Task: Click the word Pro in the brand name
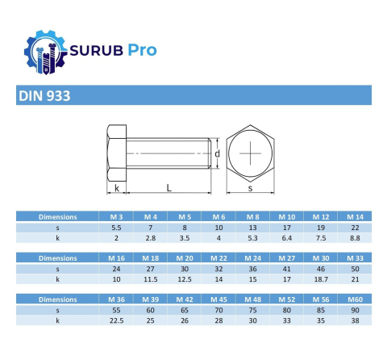coord(141,50)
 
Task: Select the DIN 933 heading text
coord(44,96)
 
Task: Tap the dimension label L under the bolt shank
coord(168,187)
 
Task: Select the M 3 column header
coord(115,216)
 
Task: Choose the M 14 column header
coord(355,216)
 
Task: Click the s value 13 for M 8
coord(252,228)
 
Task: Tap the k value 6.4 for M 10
coord(287,238)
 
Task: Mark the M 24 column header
coord(252,257)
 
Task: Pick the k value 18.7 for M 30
coord(321,278)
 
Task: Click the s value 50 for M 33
coord(355,268)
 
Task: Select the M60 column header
coord(355,298)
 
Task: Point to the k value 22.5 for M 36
coord(115,320)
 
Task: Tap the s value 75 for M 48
coord(252,309)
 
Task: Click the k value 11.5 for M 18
coord(150,278)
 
